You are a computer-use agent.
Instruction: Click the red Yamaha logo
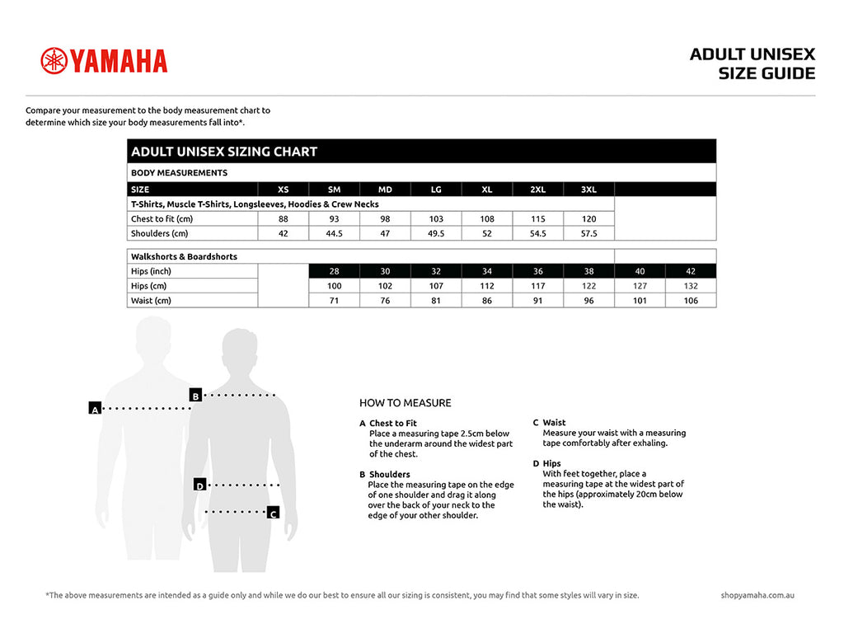(x=104, y=60)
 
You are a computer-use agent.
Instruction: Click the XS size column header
(x=283, y=190)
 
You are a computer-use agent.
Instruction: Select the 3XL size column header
(x=588, y=190)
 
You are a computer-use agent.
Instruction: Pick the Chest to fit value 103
(x=436, y=219)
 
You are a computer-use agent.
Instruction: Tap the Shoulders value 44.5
(x=334, y=234)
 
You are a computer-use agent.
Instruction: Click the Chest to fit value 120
(x=588, y=219)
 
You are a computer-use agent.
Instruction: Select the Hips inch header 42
(x=691, y=271)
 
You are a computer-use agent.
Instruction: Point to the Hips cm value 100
(x=334, y=286)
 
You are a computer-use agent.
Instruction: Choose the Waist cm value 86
(x=487, y=301)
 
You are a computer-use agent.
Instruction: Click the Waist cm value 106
(x=691, y=301)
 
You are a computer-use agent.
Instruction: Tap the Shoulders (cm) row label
(x=161, y=234)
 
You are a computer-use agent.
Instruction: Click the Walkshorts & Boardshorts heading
(x=184, y=256)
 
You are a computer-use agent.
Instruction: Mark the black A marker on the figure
(x=95, y=408)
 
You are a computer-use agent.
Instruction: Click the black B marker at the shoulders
(x=195, y=395)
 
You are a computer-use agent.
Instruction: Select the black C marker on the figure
(x=274, y=513)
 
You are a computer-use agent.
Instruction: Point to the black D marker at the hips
(x=199, y=485)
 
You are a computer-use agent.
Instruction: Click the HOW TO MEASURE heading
(x=406, y=403)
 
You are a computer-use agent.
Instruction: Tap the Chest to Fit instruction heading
(x=393, y=423)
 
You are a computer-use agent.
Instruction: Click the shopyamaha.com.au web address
(x=757, y=595)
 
